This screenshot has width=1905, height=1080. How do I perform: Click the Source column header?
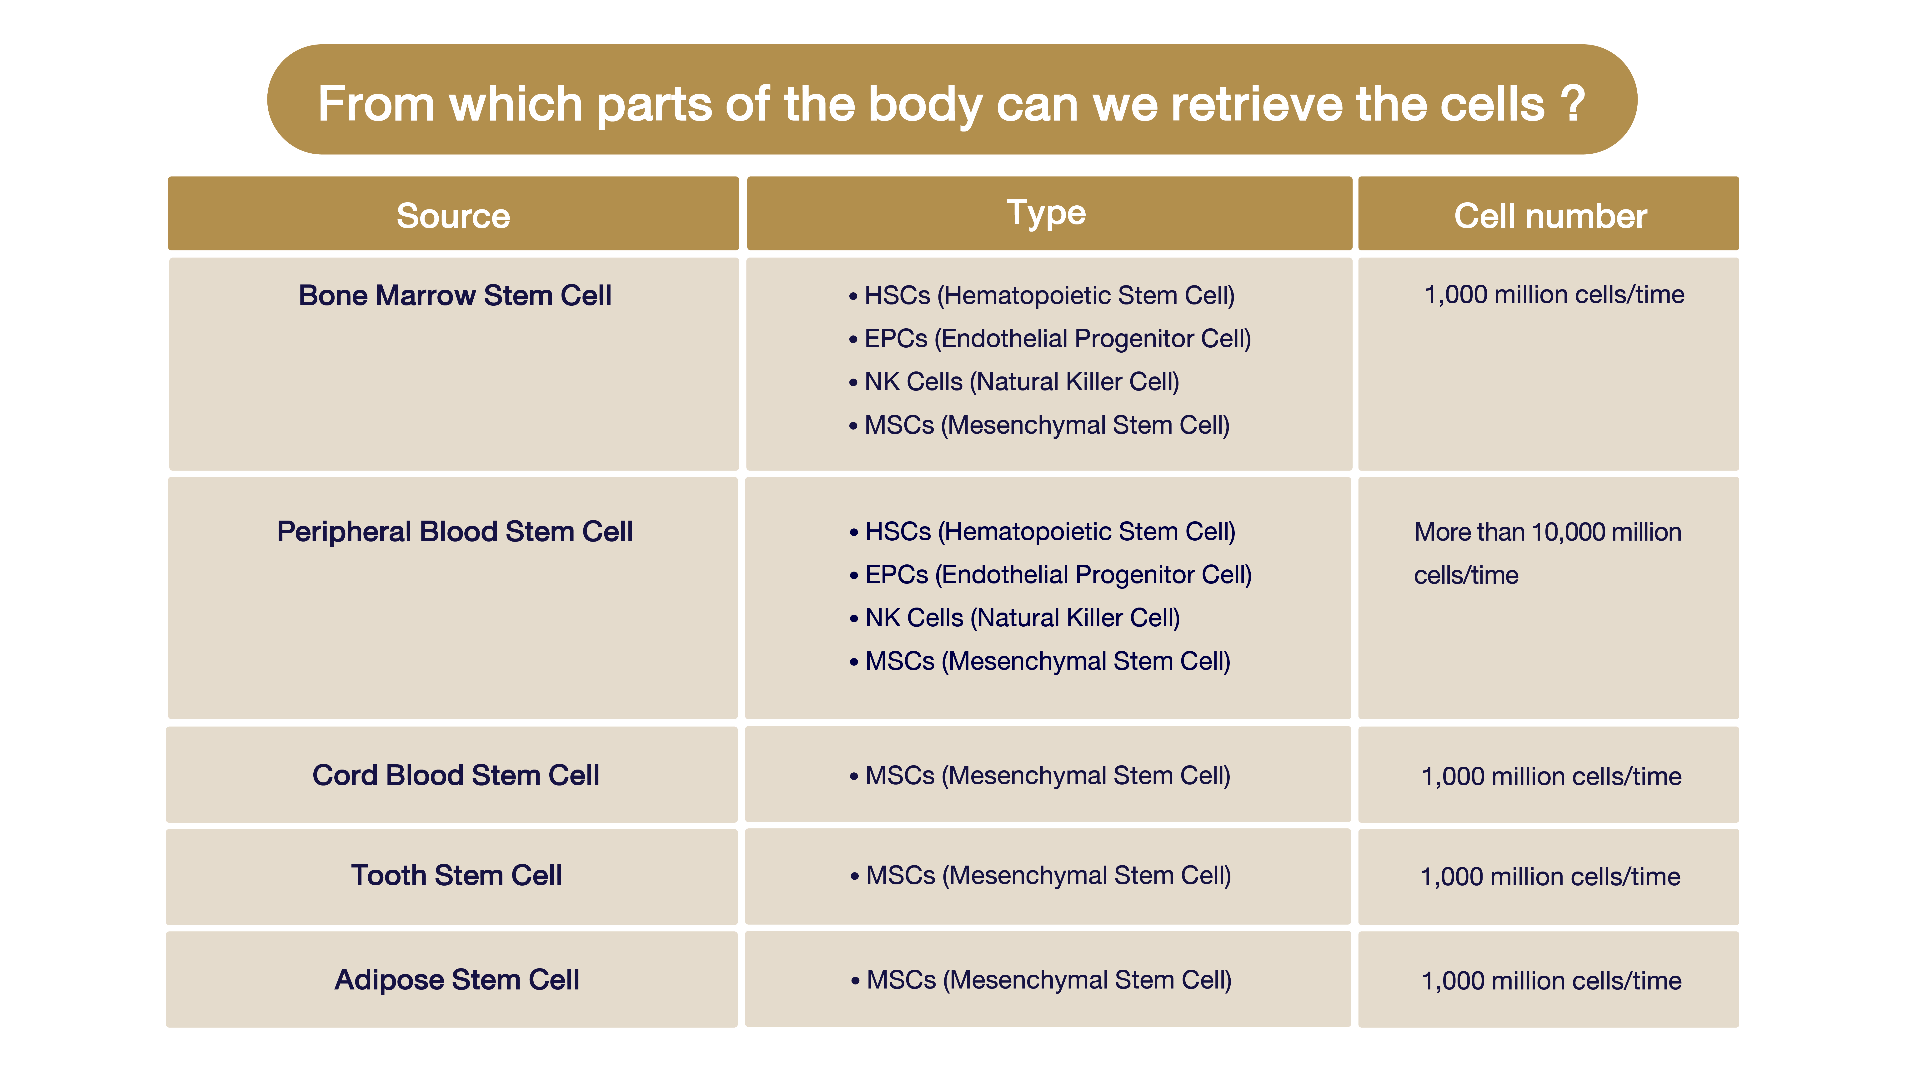coord(453,216)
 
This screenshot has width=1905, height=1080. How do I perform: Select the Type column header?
coord(1046,214)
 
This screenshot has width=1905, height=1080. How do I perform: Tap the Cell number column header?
coord(1550,216)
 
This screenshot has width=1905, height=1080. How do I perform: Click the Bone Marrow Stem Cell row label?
coord(454,295)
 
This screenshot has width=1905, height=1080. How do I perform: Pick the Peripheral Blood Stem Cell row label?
coord(454,532)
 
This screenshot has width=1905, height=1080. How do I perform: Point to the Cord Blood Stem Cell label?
coord(455,775)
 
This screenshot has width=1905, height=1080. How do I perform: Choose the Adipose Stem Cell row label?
coord(457,980)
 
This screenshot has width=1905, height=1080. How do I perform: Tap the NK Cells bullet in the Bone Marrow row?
coord(1014,382)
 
